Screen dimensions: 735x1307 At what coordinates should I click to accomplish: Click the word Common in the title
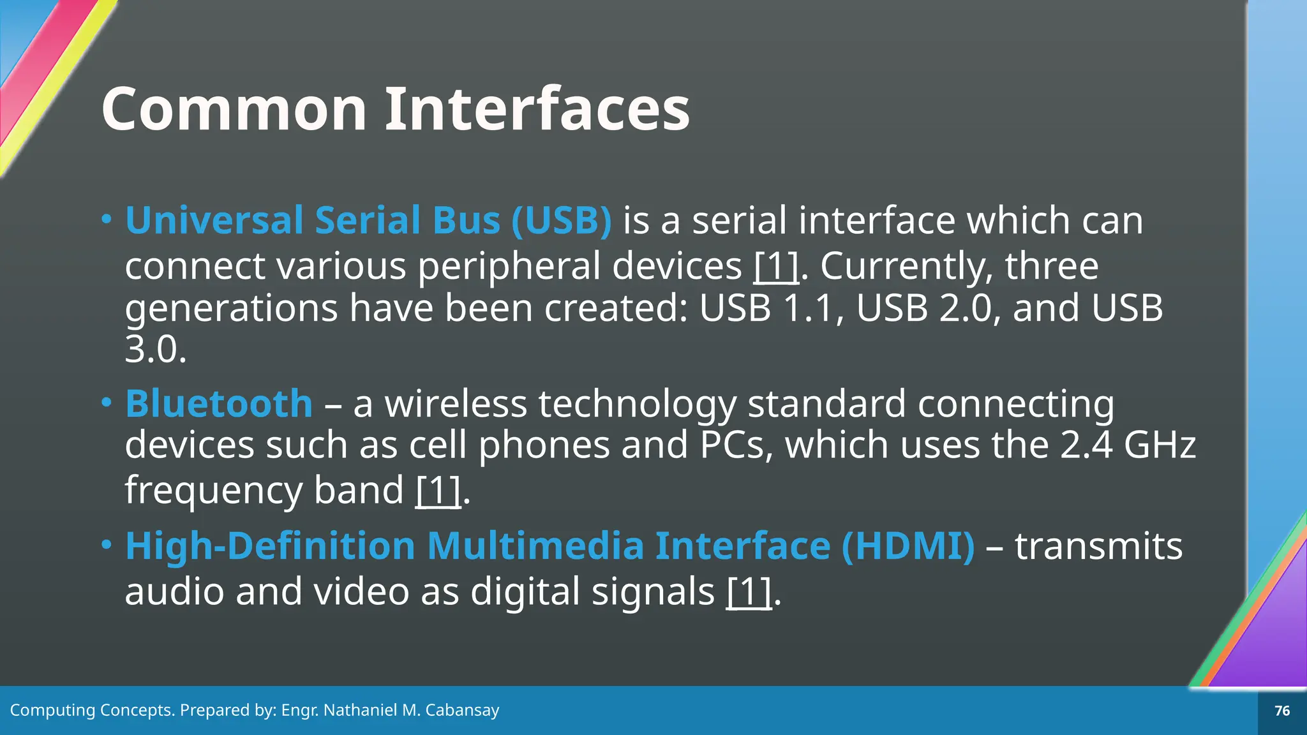234,109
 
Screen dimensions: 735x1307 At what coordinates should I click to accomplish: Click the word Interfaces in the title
537,109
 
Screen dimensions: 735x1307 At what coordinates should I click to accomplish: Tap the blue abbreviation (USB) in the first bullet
562,221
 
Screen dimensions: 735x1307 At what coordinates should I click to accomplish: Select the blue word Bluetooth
219,404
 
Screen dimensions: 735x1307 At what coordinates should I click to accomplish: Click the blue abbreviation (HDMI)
908,546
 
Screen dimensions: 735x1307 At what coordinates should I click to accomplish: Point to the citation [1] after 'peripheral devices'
775,266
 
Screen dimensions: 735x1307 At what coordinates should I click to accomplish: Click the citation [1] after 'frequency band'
438,491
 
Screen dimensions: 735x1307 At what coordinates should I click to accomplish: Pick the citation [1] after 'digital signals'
749,591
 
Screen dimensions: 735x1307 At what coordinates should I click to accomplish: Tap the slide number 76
1282,711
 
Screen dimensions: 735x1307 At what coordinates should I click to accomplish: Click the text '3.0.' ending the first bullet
156,350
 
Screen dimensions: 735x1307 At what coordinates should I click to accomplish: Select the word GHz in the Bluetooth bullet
1160,445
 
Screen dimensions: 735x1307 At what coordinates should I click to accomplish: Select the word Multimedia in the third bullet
535,546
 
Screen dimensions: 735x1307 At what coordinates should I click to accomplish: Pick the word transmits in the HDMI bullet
1098,546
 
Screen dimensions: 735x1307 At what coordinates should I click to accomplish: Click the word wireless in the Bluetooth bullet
456,404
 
